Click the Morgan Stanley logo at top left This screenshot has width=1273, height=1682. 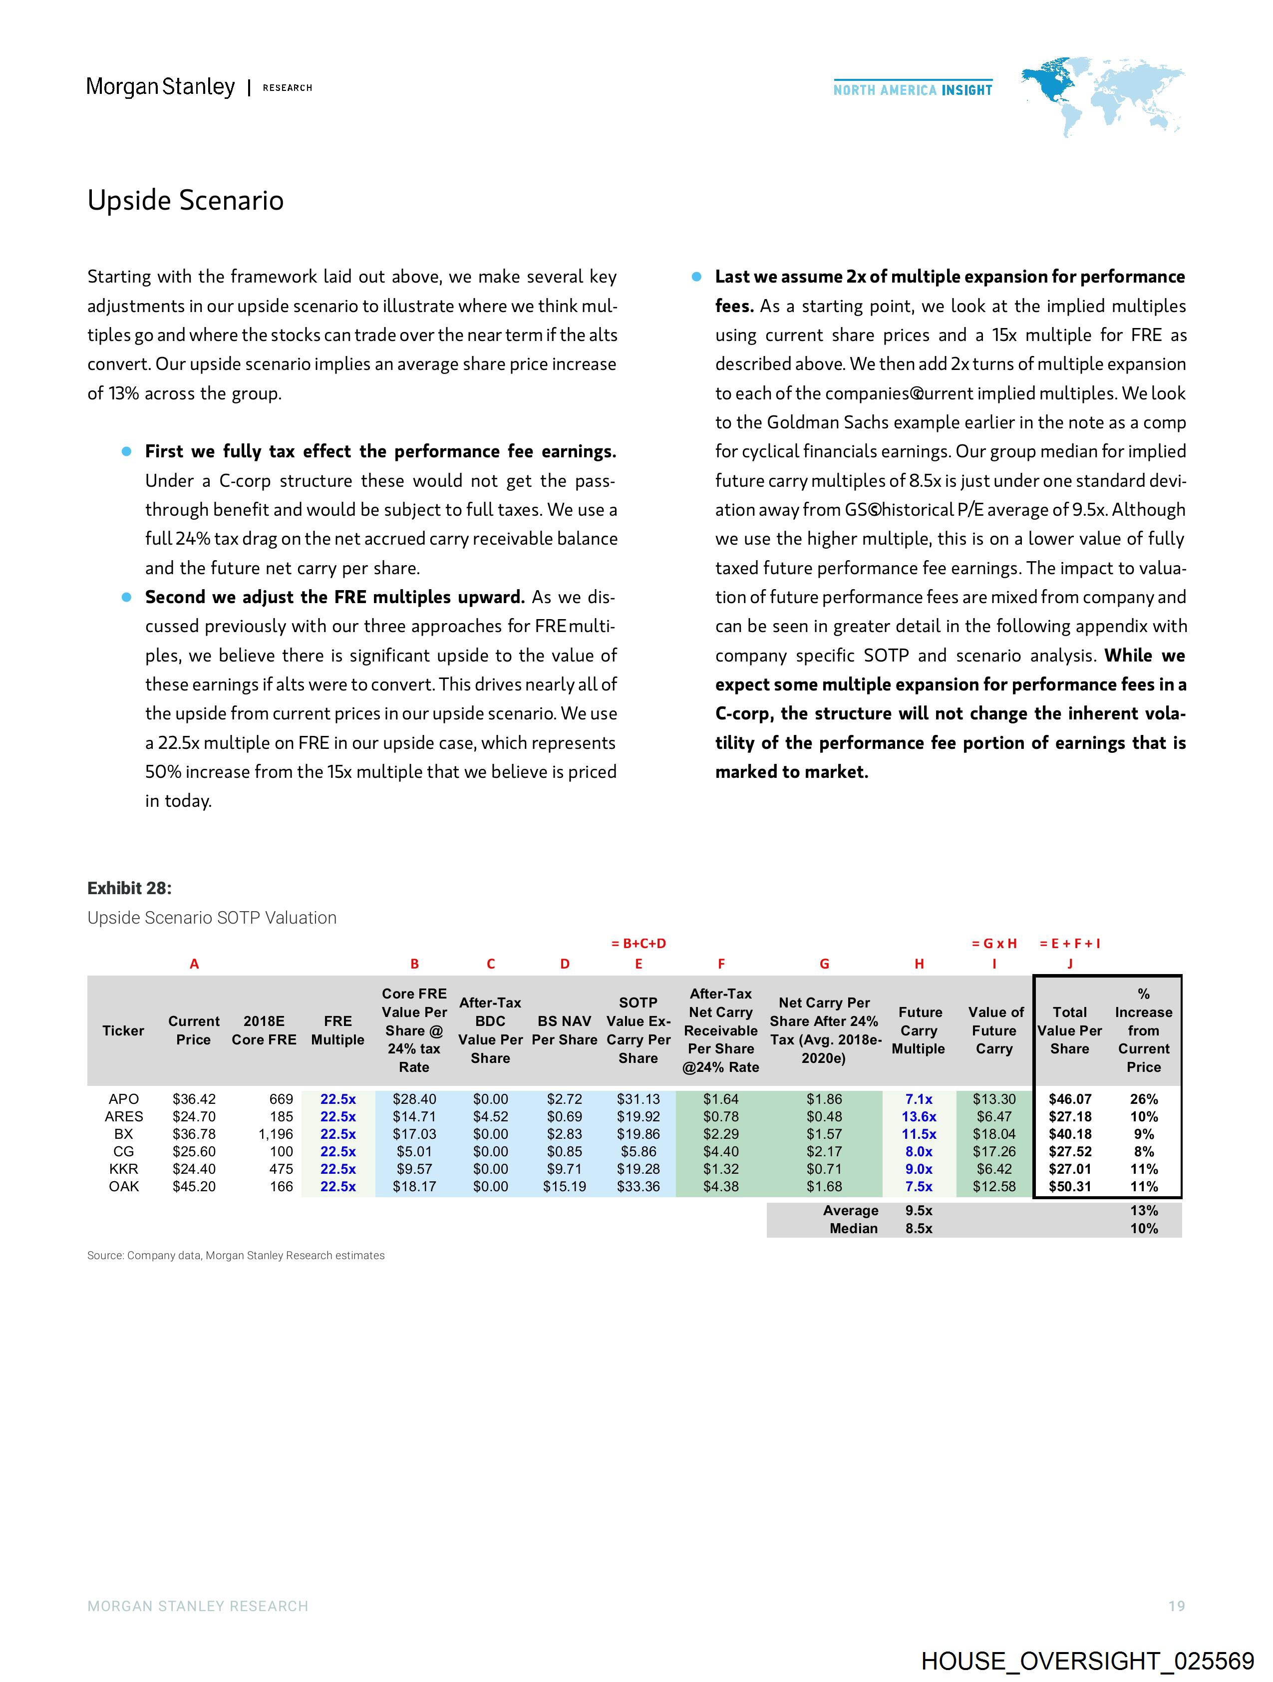click(160, 87)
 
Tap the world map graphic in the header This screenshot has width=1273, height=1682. click(1103, 95)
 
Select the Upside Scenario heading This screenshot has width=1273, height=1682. click(186, 200)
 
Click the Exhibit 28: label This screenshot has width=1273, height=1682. click(129, 888)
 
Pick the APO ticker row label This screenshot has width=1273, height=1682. click(123, 1099)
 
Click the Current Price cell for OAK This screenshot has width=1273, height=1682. click(194, 1186)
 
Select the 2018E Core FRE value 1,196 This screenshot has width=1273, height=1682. click(275, 1134)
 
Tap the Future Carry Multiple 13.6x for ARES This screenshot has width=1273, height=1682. click(919, 1116)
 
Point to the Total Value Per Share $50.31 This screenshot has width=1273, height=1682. click(1069, 1186)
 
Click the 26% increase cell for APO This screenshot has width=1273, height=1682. click(1143, 1099)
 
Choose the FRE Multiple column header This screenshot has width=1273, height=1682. click(337, 1030)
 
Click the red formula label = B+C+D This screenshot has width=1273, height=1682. click(639, 944)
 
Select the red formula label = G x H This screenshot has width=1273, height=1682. click(994, 944)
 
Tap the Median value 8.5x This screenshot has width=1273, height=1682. click(919, 1228)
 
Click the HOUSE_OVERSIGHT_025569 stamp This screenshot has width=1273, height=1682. click(1087, 1661)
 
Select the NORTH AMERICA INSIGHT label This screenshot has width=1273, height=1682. click(913, 90)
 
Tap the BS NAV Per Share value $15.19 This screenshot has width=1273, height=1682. click(564, 1186)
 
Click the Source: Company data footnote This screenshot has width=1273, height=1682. click(236, 1256)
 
